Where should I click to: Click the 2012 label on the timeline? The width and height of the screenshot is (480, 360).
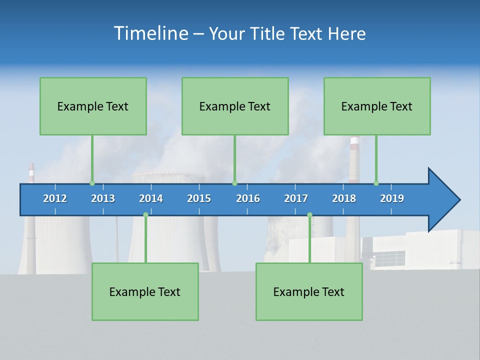click(x=55, y=198)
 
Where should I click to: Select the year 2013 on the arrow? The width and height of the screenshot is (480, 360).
click(x=103, y=198)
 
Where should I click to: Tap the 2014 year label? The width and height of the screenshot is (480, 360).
click(x=151, y=198)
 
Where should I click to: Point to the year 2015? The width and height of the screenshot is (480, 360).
click(x=199, y=198)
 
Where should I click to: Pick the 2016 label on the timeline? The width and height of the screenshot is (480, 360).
click(x=248, y=198)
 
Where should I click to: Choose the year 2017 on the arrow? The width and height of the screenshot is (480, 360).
click(x=296, y=198)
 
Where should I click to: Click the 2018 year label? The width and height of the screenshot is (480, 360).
click(x=344, y=198)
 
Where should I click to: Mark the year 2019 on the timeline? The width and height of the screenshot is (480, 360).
click(x=392, y=198)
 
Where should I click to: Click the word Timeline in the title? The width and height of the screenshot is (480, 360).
click(x=150, y=33)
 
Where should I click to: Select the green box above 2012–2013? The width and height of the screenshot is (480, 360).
click(x=93, y=106)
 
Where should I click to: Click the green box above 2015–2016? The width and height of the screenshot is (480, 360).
click(x=235, y=106)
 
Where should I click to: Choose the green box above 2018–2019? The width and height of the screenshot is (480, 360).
click(x=377, y=106)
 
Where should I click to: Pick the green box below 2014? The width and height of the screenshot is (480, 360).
click(x=145, y=291)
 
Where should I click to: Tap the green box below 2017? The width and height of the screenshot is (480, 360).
click(x=309, y=291)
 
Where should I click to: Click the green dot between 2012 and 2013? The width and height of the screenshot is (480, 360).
click(x=92, y=183)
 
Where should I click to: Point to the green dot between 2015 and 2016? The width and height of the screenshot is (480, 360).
click(x=234, y=183)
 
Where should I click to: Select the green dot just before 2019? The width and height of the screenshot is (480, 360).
click(x=376, y=183)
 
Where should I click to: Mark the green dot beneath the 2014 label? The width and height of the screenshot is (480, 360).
click(x=145, y=215)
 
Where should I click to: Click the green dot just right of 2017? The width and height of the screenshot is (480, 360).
click(x=309, y=215)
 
